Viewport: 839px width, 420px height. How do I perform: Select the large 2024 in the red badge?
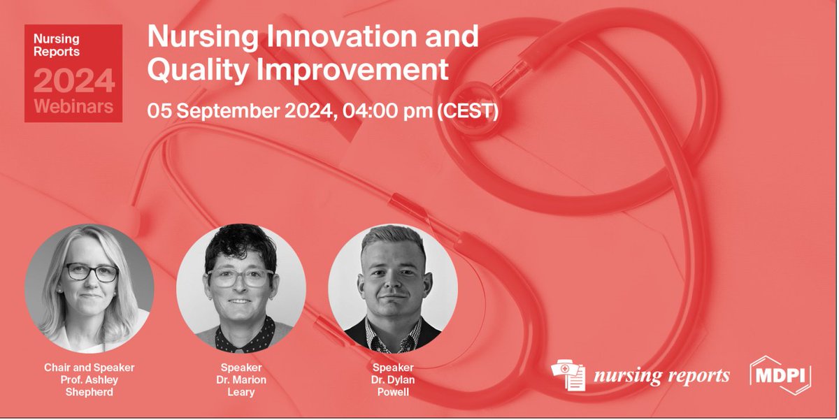pyautogui.click(x=73, y=81)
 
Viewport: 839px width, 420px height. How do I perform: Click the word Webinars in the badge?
pyautogui.click(x=73, y=107)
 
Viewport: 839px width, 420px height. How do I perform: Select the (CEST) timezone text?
pyautogui.click(x=467, y=111)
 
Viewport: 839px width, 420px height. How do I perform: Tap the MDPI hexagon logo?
pyautogui.click(x=780, y=375)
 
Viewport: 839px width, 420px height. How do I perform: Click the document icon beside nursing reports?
pyautogui.click(x=568, y=375)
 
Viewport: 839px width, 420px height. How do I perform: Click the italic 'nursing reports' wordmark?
pyautogui.click(x=661, y=376)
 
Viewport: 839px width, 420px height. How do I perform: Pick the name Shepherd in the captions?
pyautogui.click(x=89, y=392)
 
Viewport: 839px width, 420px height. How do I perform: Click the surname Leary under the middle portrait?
pyautogui.click(x=241, y=392)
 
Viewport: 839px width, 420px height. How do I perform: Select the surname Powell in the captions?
pyautogui.click(x=392, y=392)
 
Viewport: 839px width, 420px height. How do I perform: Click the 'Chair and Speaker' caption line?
pyautogui.click(x=89, y=367)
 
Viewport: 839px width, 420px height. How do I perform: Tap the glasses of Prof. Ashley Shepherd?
pyautogui.click(x=92, y=273)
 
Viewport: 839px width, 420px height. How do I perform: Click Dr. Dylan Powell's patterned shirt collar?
pyautogui.click(x=392, y=328)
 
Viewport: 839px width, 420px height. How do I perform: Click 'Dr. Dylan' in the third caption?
pyautogui.click(x=392, y=379)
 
